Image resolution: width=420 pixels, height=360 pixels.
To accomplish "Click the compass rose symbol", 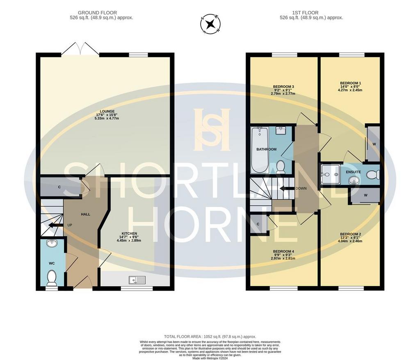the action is point(210,24).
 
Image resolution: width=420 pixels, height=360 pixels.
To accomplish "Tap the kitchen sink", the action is point(137,280).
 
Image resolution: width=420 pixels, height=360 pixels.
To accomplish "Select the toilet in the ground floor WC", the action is point(51,278).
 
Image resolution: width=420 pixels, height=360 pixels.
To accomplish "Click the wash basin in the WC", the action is point(51,243).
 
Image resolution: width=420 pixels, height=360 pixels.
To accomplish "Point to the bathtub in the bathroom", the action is point(260,150).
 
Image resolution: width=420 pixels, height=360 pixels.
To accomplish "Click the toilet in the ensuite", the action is point(373,175).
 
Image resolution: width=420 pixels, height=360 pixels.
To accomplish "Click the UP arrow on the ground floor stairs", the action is point(55,225).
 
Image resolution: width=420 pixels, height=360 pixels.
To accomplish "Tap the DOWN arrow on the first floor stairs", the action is point(287,189).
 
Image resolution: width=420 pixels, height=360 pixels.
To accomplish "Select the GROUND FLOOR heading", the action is point(97,13).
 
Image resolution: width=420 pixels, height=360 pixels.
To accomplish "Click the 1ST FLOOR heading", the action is point(305,13).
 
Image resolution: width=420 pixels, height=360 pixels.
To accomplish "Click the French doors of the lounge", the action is point(80,49).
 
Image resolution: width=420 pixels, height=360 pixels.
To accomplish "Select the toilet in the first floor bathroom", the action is point(281,166).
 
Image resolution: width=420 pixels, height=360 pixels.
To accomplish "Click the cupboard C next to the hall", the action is point(59,187).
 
